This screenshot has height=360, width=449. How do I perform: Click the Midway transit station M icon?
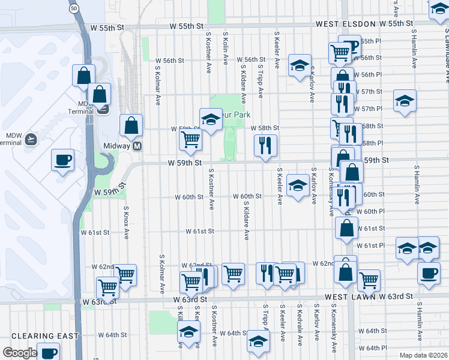[x=137, y=146]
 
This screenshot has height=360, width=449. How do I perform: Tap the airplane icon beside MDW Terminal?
[x=31, y=139]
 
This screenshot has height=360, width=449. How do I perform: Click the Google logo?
[x=19, y=353]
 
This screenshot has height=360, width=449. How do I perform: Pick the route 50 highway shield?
[x=73, y=9]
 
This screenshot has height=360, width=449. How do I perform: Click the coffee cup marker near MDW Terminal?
[x=63, y=160]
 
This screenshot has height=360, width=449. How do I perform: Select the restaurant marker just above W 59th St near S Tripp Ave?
[x=265, y=145]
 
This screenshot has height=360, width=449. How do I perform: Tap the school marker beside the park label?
[x=211, y=119]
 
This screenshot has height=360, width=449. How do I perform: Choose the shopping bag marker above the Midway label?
[x=131, y=125]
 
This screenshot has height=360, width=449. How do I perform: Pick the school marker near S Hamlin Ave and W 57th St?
[x=405, y=100]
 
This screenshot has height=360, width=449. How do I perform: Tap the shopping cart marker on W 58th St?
[x=191, y=140]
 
